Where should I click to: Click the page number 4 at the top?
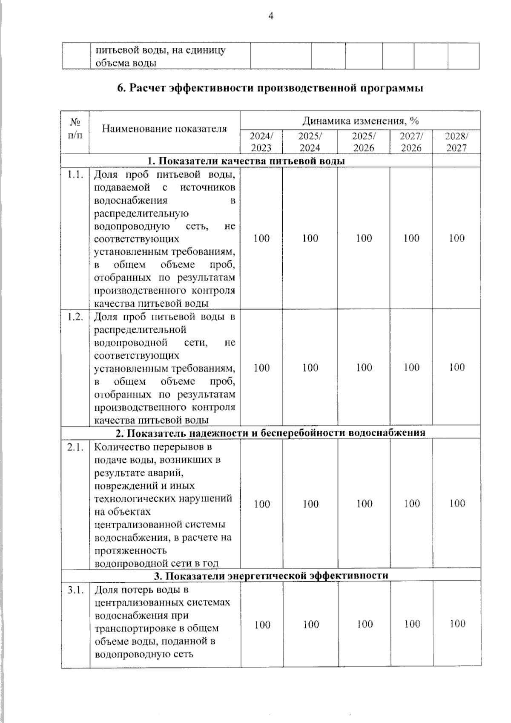click(271, 16)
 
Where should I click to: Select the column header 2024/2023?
click(261, 142)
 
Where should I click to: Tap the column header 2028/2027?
click(456, 142)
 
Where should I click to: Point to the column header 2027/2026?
click(411, 142)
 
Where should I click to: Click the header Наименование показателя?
click(164, 128)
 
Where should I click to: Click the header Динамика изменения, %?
click(360, 121)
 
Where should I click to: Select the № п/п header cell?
click(75, 128)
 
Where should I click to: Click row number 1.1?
click(75, 175)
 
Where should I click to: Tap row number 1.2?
click(75, 317)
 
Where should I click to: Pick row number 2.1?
click(75, 447)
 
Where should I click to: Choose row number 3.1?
click(75, 590)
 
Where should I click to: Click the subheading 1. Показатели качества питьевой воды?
click(246, 161)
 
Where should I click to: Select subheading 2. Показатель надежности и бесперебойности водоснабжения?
click(271, 433)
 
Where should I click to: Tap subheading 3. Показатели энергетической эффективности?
click(271, 576)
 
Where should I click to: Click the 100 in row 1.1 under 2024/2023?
click(261, 238)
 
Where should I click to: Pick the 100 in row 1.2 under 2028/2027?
click(457, 367)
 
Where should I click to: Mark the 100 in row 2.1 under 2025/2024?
click(310, 504)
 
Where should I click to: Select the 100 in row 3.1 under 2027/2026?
click(412, 624)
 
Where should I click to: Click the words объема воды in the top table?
click(125, 63)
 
